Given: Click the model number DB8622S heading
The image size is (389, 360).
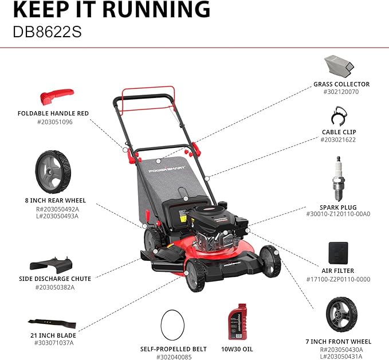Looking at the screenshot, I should pyautogui.click(x=47, y=30).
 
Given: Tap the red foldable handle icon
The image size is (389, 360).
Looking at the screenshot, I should pyautogui.click(x=57, y=94).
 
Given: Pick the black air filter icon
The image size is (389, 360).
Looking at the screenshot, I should pyautogui.click(x=338, y=252).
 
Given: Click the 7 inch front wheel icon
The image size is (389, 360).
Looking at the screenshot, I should pyautogui.click(x=338, y=314).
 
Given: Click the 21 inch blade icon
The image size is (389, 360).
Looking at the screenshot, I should pyautogui.click(x=53, y=323).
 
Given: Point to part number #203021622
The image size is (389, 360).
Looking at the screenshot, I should pyautogui.click(x=338, y=139).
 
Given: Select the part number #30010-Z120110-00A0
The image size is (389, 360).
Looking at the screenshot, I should pyautogui.click(x=337, y=214).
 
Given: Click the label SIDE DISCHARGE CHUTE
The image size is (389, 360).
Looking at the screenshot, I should pyautogui.click(x=54, y=279).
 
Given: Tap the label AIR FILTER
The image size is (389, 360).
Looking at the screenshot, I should pyautogui.click(x=337, y=271).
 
